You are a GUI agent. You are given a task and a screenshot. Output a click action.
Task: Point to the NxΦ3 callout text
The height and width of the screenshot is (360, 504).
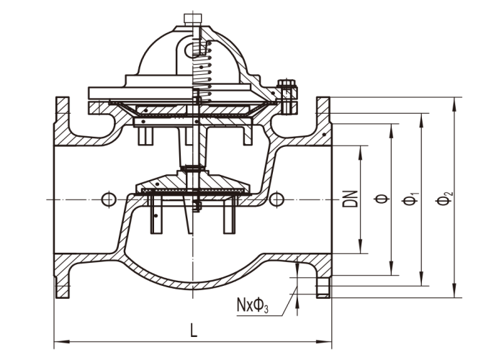[252, 307]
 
